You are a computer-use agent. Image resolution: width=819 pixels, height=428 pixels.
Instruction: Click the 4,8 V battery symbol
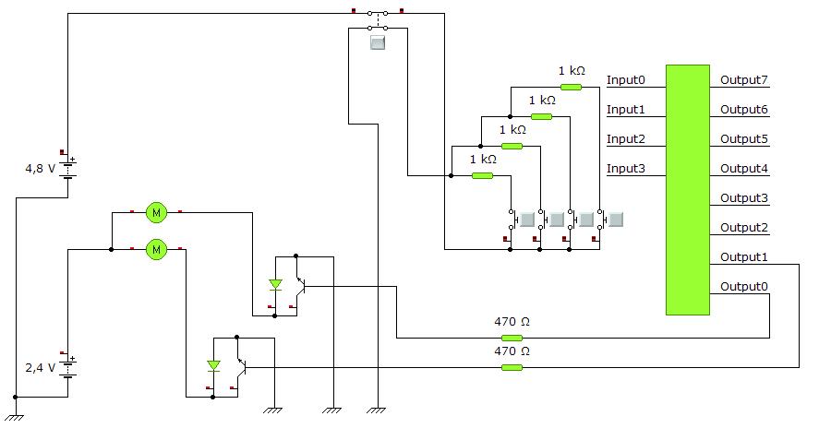point(68,169)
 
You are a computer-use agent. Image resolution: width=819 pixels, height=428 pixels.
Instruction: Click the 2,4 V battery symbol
point(68,367)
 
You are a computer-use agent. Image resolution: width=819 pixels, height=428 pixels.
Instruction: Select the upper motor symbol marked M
point(156,212)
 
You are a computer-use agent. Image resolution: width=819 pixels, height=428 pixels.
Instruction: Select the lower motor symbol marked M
point(156,249)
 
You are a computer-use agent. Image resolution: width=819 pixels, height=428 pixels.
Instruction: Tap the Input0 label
point(626,80)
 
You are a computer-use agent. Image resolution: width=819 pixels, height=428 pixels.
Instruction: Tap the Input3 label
point(626,169)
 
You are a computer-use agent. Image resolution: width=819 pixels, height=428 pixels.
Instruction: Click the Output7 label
point(744,80)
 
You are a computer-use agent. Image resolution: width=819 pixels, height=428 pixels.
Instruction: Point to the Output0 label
point(744,287)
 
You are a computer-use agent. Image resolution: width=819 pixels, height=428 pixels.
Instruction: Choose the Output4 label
point(744,169)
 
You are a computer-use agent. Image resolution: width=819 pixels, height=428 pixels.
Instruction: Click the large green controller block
point(687,190)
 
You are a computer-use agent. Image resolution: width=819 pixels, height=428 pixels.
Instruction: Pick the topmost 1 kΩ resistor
point(571,87)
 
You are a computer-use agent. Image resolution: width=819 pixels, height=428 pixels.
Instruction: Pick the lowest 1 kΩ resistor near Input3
point(482,176)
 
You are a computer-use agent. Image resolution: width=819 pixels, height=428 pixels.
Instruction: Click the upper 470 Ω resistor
point(512,338)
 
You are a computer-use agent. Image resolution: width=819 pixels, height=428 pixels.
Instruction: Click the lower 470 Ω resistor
point(512,367)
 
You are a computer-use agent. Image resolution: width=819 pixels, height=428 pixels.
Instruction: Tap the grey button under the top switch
point(377,42)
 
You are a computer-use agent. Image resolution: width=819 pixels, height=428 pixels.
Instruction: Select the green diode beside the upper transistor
point(275,285)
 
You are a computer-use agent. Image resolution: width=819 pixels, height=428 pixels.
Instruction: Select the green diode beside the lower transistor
point(213,366)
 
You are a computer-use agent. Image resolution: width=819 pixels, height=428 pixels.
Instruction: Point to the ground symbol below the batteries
point(16,417)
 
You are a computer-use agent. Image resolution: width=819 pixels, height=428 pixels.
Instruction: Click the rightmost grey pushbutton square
point(616,220)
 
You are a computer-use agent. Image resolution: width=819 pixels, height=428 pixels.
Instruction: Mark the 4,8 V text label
point(41,169)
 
